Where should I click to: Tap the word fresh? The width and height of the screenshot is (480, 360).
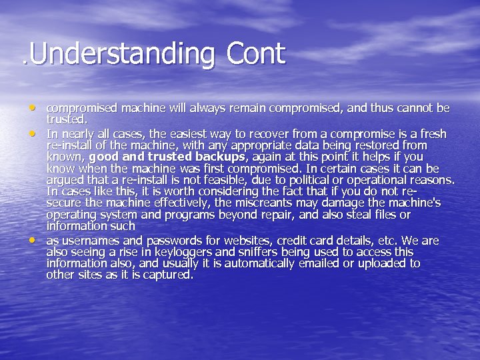(x=431, y=134)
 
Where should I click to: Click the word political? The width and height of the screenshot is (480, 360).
(x=319, y=180)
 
